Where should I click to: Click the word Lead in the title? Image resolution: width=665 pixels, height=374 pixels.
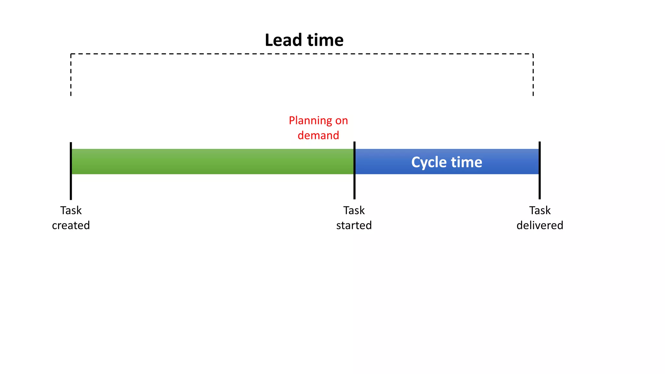tap(283, 40)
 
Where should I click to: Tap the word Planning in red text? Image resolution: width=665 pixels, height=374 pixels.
tap(310, 121)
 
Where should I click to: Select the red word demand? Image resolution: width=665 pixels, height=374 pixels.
tap(318, 135)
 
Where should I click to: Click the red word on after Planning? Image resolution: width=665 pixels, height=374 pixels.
tap(342, 121)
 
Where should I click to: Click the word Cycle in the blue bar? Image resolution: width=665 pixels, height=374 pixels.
tap(429, 162)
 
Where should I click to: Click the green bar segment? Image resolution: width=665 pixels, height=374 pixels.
tap(211, 162)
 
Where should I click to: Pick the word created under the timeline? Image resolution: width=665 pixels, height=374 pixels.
tap(71, 225)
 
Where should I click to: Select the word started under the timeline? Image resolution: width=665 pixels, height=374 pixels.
tap(354, 225)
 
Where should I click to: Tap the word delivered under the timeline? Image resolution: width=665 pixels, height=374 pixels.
tap(540, 225)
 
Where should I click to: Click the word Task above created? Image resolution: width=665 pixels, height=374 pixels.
tap(71, 210)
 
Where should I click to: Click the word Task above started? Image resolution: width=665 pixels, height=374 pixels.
tap(354, 210)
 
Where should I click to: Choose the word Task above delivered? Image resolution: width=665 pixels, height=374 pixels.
tap(540, 210)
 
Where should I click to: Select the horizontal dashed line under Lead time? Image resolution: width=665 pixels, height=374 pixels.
tap(302, 54)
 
